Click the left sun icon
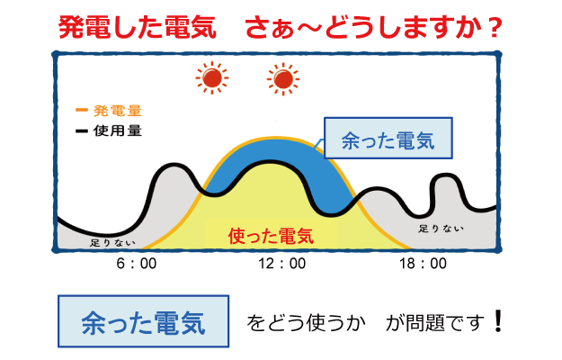(x=212, y=78)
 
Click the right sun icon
(x=283, y=79)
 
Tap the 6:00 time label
(x=137, y=264)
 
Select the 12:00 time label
(x=282, y=264)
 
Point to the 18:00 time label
(x=423, y=264)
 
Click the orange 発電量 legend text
(x=118, y=111)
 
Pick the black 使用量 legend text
(x=118, y=130)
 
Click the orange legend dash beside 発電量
(x=82, y=110)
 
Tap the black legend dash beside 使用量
(x=82, y=130)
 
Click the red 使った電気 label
(x=271, y=237)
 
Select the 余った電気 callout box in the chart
(x=388, y=138)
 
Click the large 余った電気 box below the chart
(x=143, y=321)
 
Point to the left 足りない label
(x=113, y=243)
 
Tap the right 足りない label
(x=442, y=229)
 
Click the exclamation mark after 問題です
(x=498, y=321)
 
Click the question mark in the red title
(x=495, y=28)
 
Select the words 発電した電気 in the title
(x=138, y=27)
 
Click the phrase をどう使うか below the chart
(x=306, y=323)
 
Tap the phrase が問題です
(x=434, y=323)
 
